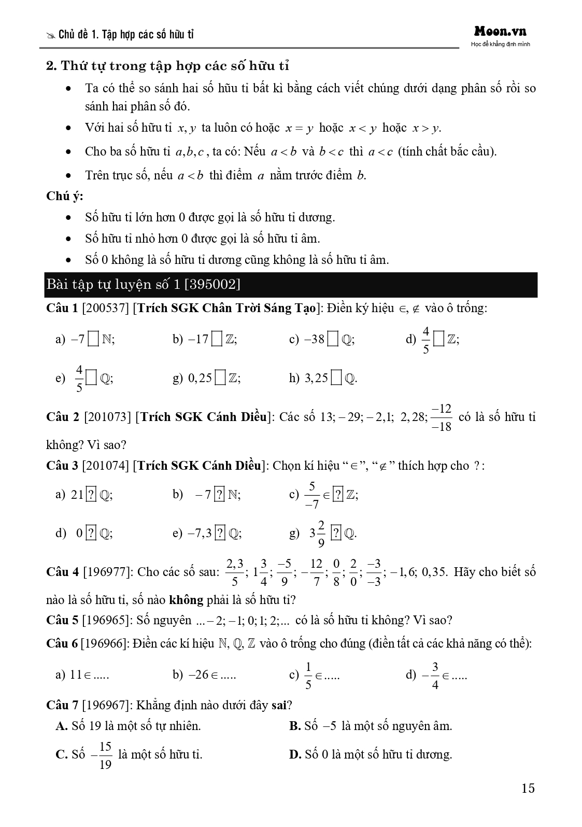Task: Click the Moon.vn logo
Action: tap(500, 32)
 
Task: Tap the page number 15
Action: tap(528, 789)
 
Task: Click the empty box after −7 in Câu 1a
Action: tap(94, 340)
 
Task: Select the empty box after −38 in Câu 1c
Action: tap(334, 340)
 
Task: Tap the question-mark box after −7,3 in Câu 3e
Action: tap(220, 533)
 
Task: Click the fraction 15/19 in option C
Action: tap(105, 755)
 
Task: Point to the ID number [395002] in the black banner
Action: tap(211, 284)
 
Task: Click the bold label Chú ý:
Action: tap(65, 196)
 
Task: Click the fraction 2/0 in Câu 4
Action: tap(353, 572)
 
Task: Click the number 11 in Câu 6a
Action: tap(76, 675)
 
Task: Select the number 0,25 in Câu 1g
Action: tap(200, 379)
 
